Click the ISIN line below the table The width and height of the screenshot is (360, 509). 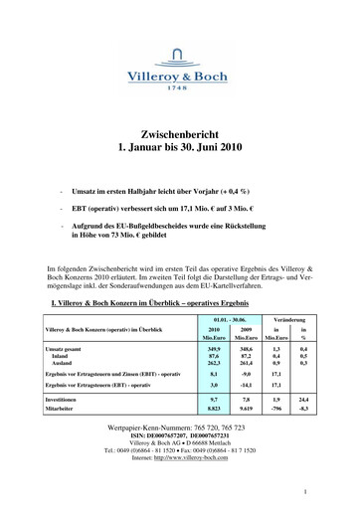point(179,462)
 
